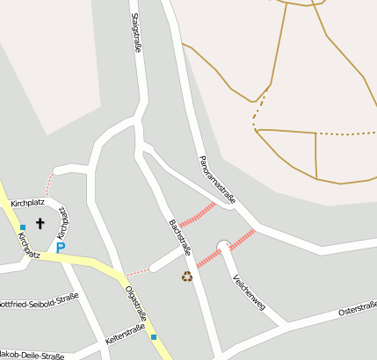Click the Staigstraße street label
pos(136,33)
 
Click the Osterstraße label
pos(357,308)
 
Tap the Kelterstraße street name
pos(124,333)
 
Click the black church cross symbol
pos(40,224)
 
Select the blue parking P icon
pos(60,248)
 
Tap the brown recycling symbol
pos(186,277)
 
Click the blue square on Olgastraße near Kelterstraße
pos(153,336)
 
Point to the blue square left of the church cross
pos(23,227)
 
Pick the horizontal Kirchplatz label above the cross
pos(26,204)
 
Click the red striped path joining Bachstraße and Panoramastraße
pos(198,214)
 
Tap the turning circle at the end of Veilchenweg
pos(223,245)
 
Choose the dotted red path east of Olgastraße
pos(137,270)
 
